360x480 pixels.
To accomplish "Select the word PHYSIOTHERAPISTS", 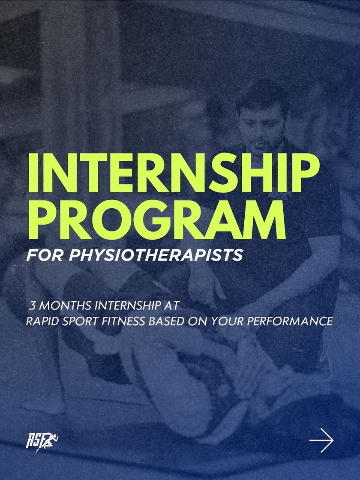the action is pos(156,255).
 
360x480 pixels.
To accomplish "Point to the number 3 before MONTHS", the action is pos(32,305).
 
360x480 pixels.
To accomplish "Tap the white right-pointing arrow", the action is pos(321,440).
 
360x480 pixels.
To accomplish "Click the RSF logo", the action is pos(42,441).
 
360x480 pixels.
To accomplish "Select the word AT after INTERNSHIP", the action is pos(171,305).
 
